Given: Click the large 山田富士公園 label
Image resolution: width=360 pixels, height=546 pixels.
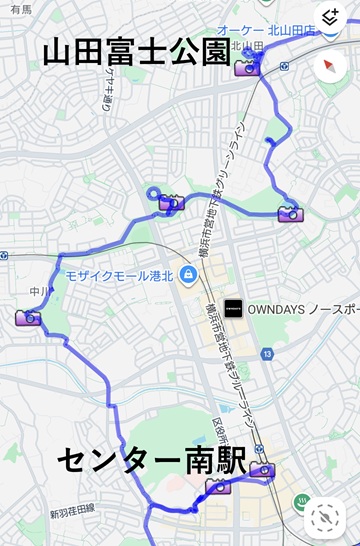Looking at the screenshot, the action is point(137,53).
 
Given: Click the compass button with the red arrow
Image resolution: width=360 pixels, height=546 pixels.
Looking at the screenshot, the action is point(329,67).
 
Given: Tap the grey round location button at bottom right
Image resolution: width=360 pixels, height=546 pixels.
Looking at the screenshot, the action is point(325,517).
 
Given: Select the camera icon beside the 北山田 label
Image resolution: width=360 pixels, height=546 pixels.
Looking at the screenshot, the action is point(246,68).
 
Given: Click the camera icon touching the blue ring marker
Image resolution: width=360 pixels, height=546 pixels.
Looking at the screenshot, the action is point(172,203).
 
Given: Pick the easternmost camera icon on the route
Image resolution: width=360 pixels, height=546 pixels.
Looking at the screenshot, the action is point(291,213).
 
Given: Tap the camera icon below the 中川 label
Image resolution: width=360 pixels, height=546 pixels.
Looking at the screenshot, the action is point(28,318).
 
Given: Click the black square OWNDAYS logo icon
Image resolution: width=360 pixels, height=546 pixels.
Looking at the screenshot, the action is point(233,308).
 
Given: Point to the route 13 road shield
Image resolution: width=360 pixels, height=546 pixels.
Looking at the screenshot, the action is point(267,354).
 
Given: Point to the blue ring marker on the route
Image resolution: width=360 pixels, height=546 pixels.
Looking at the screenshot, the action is point(152,195).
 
